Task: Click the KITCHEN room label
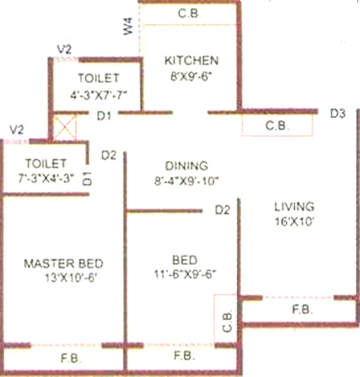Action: (191, 61)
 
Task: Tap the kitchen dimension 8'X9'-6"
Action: (191, 77)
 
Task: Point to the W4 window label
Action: (128, 26)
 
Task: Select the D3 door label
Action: (337, 113)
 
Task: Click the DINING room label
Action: (187, 166)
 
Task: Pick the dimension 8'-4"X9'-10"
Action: (186, 181)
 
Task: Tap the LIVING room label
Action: (294, 206)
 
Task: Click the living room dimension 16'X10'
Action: (293, 221)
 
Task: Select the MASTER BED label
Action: (63, 264)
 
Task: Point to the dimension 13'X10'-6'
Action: (71, 278)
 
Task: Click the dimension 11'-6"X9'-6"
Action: (185, 274)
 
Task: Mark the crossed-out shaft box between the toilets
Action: (65, 127)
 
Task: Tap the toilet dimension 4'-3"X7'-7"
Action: (98, 95)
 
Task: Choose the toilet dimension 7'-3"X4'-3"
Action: (46, 179)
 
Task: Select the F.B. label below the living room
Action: (302, 310)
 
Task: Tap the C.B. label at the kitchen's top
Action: (189, 13)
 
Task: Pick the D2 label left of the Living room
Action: (223, 210)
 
